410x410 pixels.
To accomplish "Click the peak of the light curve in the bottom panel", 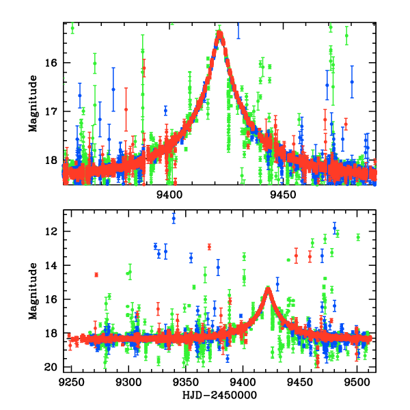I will (269, 288).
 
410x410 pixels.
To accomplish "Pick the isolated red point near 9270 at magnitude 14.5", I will (96, 275).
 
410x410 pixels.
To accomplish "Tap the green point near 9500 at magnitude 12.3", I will (358, 237).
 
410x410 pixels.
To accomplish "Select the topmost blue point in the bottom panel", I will (174, 218).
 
